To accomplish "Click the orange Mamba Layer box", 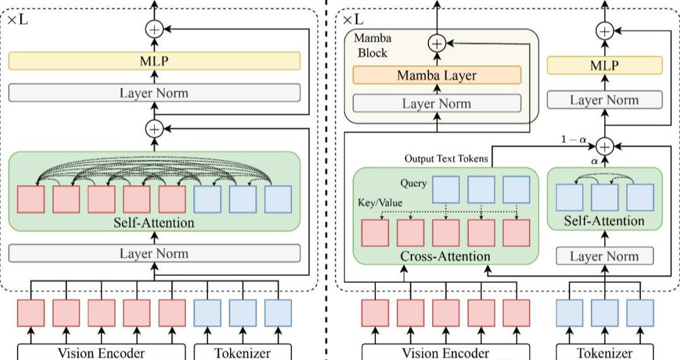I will (x=437, y=76).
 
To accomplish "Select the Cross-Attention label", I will (x=445, y=256).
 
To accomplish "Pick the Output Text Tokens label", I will (x=446, y=159).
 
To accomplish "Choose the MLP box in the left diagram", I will (x=154, y=61).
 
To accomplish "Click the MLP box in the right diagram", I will (x=604, y=66).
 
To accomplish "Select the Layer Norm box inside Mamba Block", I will (x=437, y=104).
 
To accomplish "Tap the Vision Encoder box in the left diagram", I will (x=101, y=352).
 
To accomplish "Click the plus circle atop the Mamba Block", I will (x=437, y=43).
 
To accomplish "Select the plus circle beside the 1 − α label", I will (x=605, y=146).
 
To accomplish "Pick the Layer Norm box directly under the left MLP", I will (x=154, y=93).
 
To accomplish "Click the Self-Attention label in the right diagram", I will (x=604, y=220).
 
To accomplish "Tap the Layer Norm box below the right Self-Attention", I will (x=604, y=256).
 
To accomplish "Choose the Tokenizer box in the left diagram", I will (x=243, y=352).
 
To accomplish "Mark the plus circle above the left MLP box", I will (x=154, y=28).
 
